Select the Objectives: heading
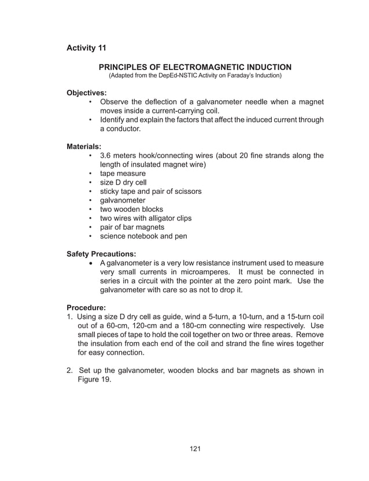(x=87, y=93)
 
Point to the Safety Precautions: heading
(x=102, y=254)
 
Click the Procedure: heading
(x=87, y=307)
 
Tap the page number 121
(x=195, y=448)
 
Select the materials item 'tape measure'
(x=123, y=174)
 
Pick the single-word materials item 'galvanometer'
(x=123, y=200)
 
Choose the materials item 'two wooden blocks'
(x=131, y=209)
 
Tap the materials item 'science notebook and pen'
(x=143, y=236)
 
